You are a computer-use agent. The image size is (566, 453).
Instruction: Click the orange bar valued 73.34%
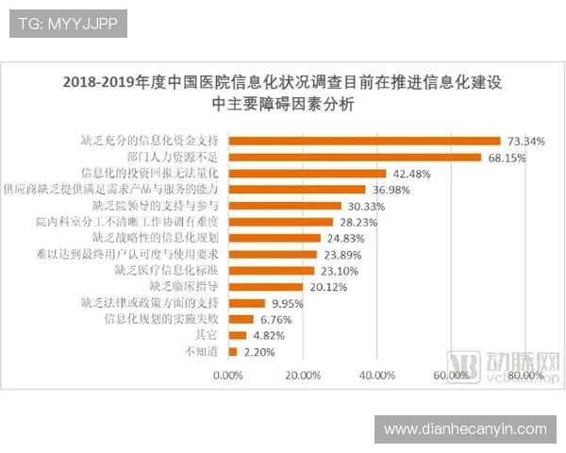coord(364,141)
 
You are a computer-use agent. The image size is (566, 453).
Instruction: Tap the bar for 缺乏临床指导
coord(266,286)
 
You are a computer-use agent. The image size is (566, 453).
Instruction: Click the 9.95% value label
coord(288,303)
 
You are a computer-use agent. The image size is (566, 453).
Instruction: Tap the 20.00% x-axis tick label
coord(302,375)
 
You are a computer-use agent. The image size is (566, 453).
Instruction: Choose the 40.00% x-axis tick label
coord(376,375)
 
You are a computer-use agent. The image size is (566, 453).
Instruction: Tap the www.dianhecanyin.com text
coord(465,429)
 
